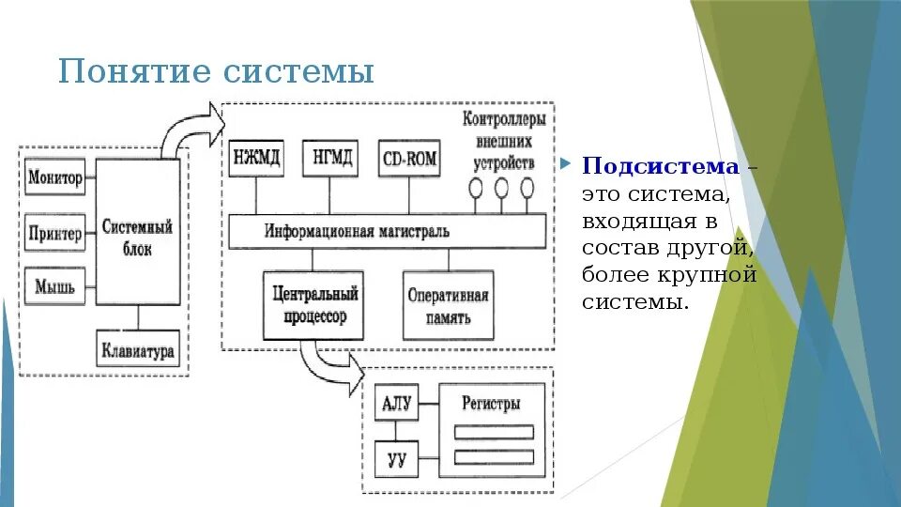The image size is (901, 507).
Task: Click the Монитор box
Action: click(55, 177)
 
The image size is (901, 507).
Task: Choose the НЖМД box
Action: click(255, 158)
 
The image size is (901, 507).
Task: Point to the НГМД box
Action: click(330, 158)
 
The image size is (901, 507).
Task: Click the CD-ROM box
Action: click(409, 159)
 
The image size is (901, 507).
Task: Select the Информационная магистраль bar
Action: click(388, 230)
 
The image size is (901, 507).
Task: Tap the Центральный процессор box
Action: click(310, 305)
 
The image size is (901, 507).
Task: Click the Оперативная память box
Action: click(448, 306)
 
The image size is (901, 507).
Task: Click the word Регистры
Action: click(491, 403)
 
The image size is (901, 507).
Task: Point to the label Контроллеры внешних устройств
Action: click(503, 140)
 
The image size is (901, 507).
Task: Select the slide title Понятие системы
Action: click(216, 71)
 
